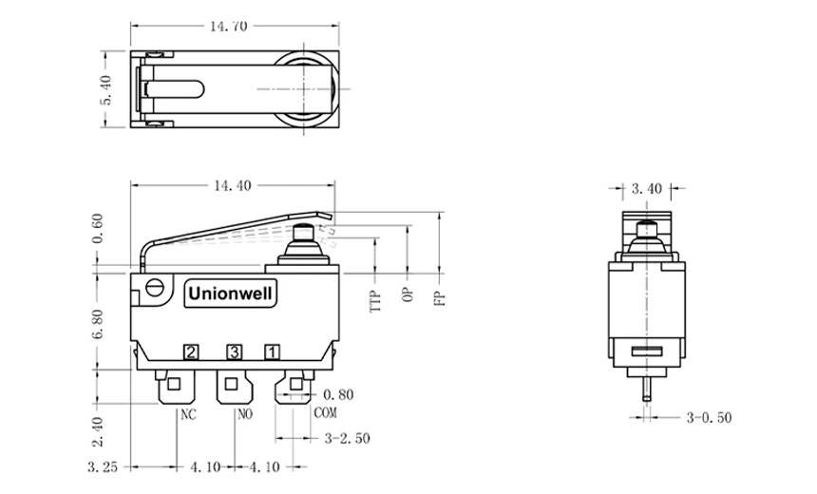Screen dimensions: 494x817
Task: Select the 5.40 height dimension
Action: [x=106, y=91]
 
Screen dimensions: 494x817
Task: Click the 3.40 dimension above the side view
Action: [x=646, y=188]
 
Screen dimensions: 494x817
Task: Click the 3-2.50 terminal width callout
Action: [x=347, y=438]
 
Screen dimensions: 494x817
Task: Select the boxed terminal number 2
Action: [x=191, y=353]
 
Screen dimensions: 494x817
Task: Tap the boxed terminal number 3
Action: [x=234, y=353]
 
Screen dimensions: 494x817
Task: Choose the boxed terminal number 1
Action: [x=272, y=353]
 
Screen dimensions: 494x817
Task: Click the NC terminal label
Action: [x=188, y=413]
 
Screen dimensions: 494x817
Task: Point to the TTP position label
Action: [x=376, y=301]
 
